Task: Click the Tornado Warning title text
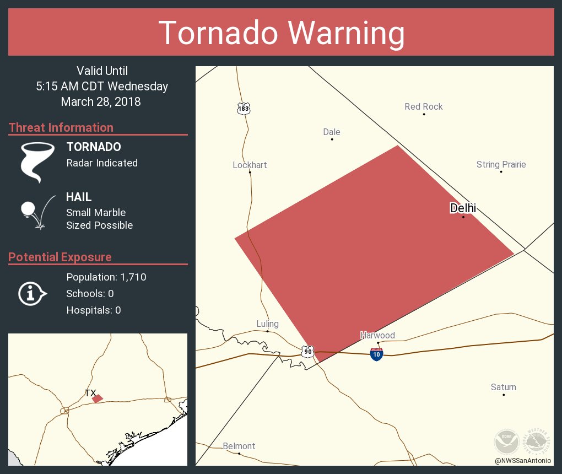[x=281, y=33]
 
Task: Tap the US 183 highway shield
[x=244, y=109]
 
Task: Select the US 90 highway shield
[x=308, y=351]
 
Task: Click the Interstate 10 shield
[x=377, y=354]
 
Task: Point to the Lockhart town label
[x=250, y=165]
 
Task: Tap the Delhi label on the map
[x=463, y=208]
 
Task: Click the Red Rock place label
[x=424, y=106]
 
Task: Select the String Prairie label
[x=501, y=164]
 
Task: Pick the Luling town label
[x=267, y=324]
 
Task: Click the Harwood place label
[x=377, y=335]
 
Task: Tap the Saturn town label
[x=503, y=387]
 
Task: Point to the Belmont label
[x=239, y=446]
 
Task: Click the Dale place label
[x=332, y=132]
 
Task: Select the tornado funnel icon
[x=37, y=161]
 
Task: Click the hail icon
[x=37, y=213]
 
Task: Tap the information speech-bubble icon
[x=32, y=293]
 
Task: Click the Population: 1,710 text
[x=106, y=277]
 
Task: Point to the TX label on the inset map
[x=90, y=393]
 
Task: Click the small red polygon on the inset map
[x=98, y=398]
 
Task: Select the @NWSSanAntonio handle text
[x=522, y=460]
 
